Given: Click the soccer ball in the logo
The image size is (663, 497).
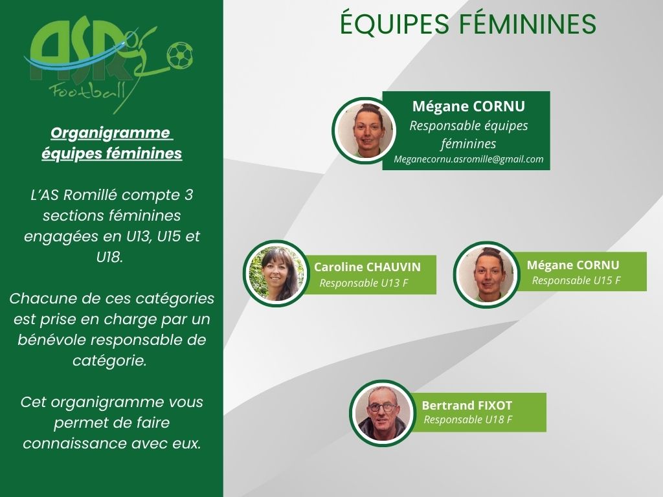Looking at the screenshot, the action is [x=180, y=56].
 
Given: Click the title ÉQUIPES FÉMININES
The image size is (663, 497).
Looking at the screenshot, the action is [x=468, y=23].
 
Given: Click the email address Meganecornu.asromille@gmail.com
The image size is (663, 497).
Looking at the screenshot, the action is [x=469, y=159].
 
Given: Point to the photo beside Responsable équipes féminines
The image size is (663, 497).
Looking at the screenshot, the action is [x=365, y=131].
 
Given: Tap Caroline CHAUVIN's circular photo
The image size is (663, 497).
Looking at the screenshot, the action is [x=276, y=274].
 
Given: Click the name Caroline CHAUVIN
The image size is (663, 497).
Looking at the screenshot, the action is [x=367, y=267].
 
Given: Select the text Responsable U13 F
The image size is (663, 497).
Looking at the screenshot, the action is [x=364, y=283].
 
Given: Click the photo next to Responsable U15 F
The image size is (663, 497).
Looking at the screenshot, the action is [x=486, y=274].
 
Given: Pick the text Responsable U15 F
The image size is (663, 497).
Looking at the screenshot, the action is [x=576, y=281].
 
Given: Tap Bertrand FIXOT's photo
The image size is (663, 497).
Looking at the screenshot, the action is [x=382, y=413].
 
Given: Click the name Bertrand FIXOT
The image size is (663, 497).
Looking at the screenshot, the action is [x=467, y=405].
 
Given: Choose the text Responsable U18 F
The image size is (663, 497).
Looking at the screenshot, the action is [x=468, y=419].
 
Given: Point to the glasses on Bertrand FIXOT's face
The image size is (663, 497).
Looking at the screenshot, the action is [x=382, y=408].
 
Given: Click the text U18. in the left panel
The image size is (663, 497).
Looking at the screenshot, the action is [x=110, y=257].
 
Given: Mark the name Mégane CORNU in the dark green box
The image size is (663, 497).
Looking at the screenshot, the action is [x=469, y=106].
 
